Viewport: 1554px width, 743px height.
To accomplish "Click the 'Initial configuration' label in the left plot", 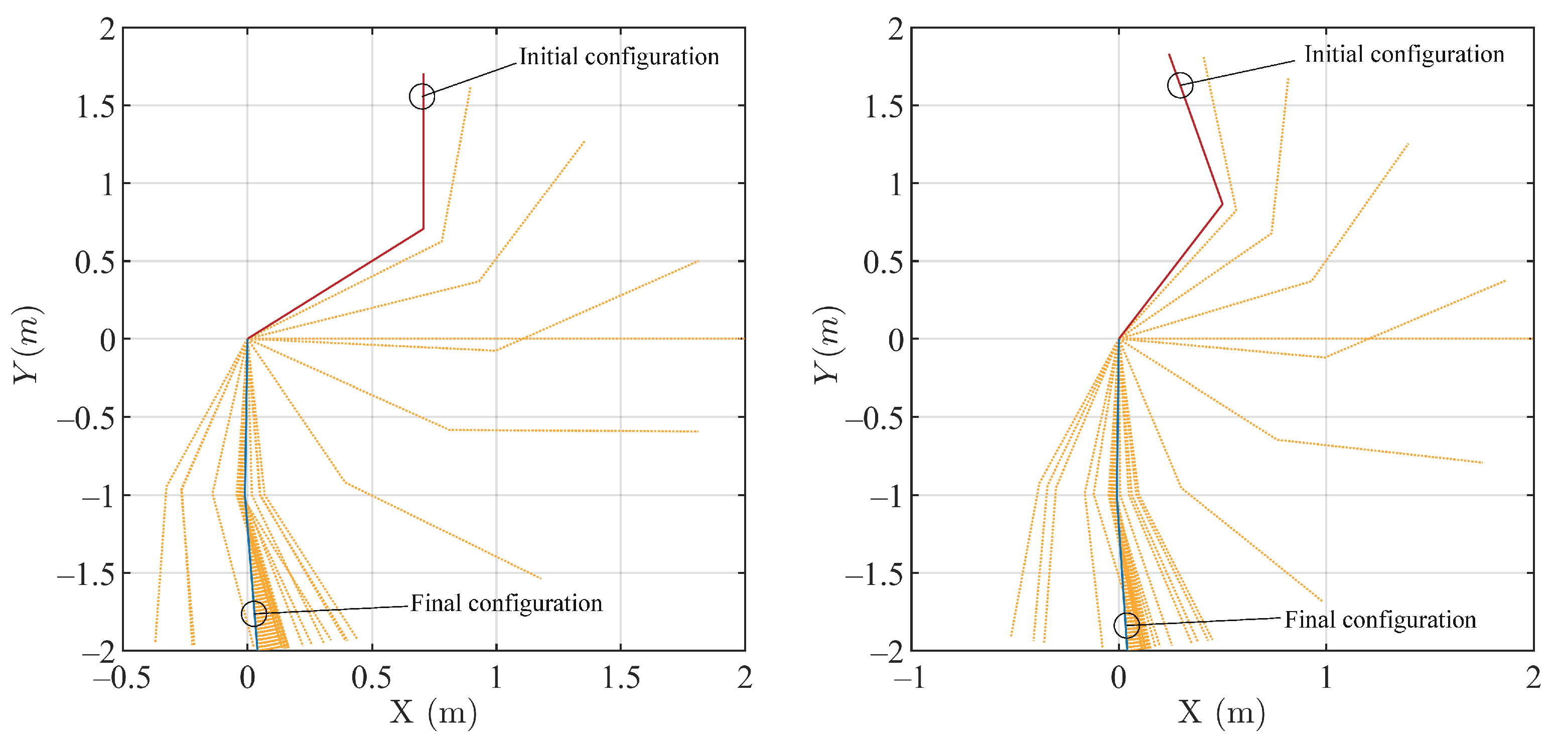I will point(619,57).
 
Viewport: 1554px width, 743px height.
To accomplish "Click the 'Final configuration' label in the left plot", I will point(507,603).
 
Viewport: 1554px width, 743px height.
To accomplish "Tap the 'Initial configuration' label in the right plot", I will point(1404,54).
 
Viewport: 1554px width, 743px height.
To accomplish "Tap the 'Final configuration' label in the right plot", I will point(1380,620).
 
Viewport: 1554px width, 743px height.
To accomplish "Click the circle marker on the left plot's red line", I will point(421,96).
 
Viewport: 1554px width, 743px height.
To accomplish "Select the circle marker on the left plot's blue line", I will point(254,614).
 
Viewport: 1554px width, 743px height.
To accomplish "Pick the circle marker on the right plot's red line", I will point(1180,85).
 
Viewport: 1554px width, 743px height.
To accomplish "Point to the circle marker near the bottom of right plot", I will point(1126,626).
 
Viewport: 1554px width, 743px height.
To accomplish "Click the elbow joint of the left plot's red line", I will point(423,229).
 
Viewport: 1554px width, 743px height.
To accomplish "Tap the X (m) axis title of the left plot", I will point(433,713).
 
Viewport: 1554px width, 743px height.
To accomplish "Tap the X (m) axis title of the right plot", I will point(1221,713).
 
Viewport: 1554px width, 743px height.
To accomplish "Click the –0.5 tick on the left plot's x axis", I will point(122,678).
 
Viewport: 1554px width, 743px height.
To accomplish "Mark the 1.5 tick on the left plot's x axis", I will point(621,678).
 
